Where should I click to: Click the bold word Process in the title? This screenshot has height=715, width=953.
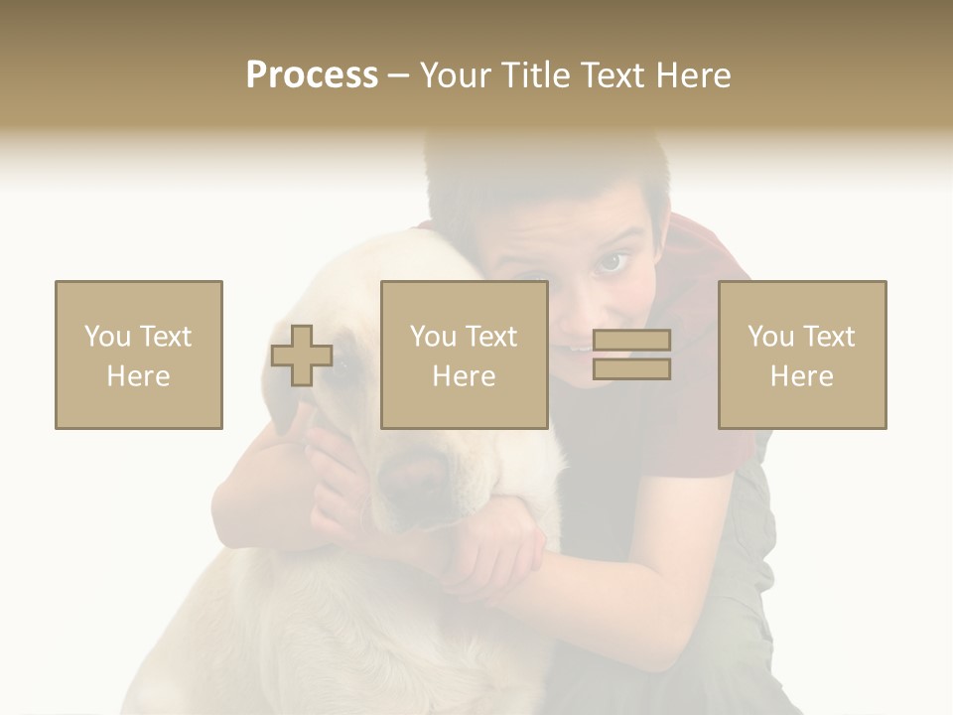312,75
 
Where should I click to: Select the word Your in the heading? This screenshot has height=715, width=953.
454,75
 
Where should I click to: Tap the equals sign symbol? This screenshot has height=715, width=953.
631,355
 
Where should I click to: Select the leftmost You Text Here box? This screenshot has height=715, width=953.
139,355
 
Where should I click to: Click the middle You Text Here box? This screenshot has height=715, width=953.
465,355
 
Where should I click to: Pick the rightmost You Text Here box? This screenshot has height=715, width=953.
802,355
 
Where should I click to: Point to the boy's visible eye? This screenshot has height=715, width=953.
611,263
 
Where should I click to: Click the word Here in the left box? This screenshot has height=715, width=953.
139,376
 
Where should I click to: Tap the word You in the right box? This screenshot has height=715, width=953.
769,337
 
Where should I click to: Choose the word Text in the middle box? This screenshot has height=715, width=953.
490,337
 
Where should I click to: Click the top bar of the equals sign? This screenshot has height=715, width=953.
631,341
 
